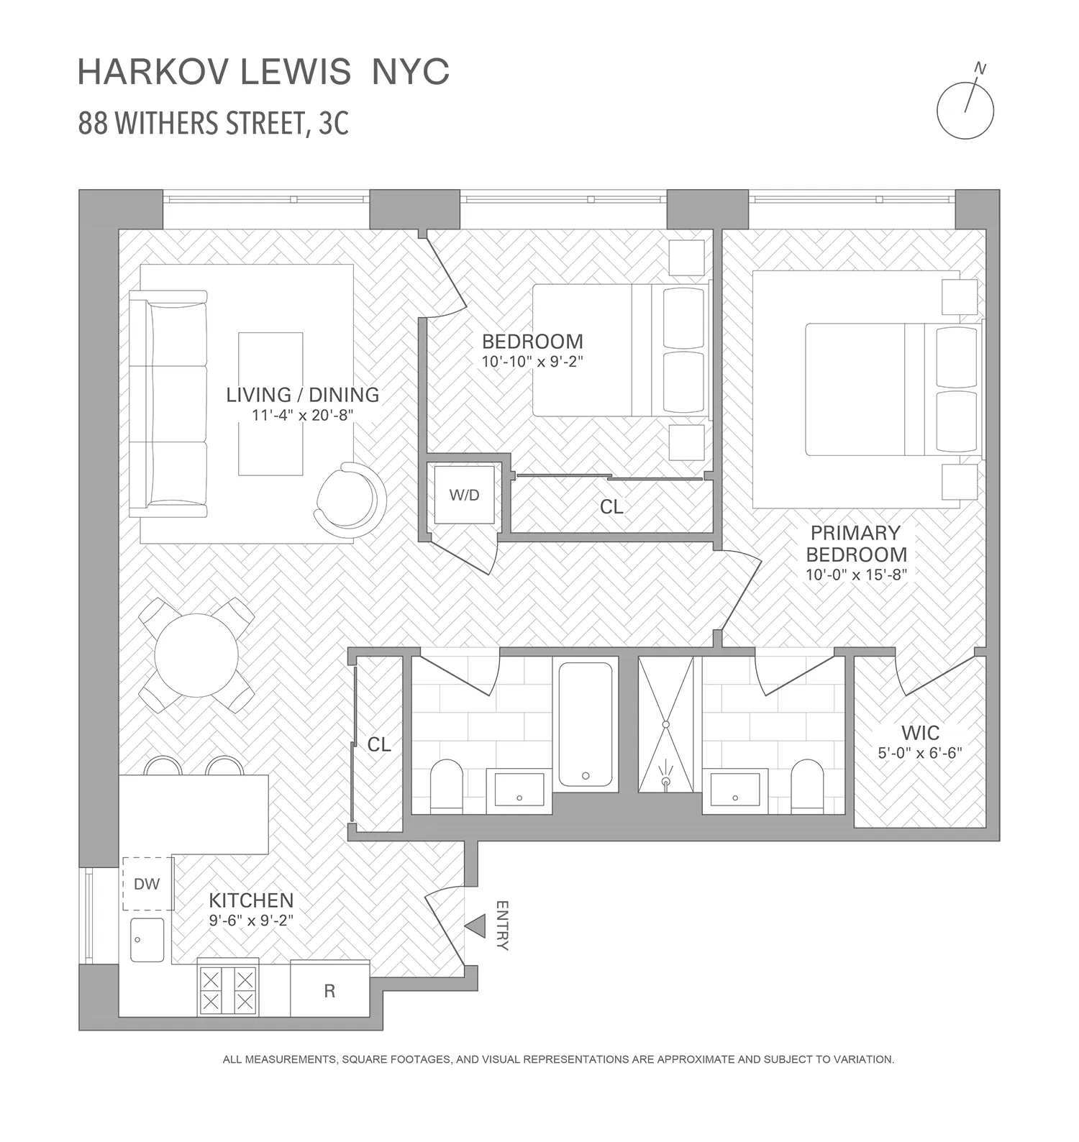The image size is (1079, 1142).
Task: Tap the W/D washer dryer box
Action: (465, 495)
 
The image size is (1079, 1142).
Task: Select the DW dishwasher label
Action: (147, 884)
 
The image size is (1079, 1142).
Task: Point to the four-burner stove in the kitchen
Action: (228, 990)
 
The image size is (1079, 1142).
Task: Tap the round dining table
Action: (196, 654)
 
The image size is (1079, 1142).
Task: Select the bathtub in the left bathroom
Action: (586, 724)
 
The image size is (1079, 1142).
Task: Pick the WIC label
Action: (920, 733)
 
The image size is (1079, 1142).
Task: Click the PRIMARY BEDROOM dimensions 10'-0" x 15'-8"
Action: (857, 575)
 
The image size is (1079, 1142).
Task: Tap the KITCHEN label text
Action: (251, 900)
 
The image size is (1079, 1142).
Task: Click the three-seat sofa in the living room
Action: (168, 403)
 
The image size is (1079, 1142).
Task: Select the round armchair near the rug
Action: (350, 498)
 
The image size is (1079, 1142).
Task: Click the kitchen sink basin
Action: (147, 939)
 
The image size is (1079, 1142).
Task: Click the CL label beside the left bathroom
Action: (379, 744)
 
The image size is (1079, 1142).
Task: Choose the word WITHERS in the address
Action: (164, 124)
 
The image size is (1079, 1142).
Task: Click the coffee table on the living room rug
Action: (270, 403)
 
